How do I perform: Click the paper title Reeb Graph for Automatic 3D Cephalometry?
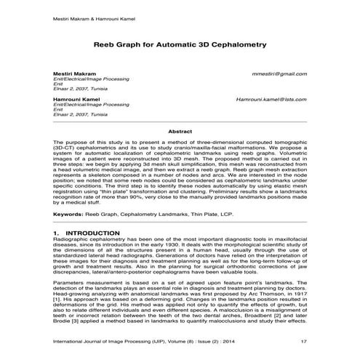[180, 44]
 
